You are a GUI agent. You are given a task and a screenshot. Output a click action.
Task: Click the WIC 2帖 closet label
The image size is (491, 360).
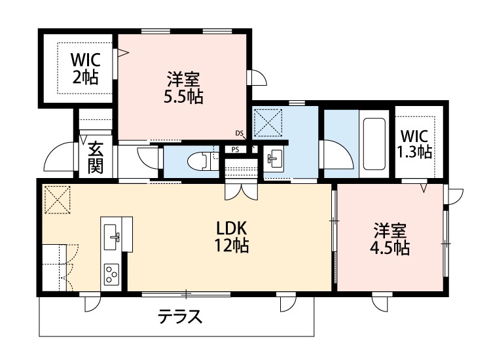84,67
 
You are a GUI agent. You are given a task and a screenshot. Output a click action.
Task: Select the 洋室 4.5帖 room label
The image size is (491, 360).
391,239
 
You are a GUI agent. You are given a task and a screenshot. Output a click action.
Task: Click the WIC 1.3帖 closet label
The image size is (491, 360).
414,144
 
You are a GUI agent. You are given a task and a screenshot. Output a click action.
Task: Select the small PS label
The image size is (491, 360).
234,149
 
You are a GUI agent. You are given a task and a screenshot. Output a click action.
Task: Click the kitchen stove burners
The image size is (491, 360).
111,272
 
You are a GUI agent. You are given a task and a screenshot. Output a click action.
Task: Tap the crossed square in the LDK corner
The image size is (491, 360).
56,200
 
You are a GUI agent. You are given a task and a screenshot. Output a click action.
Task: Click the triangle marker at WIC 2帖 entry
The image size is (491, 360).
121,55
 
